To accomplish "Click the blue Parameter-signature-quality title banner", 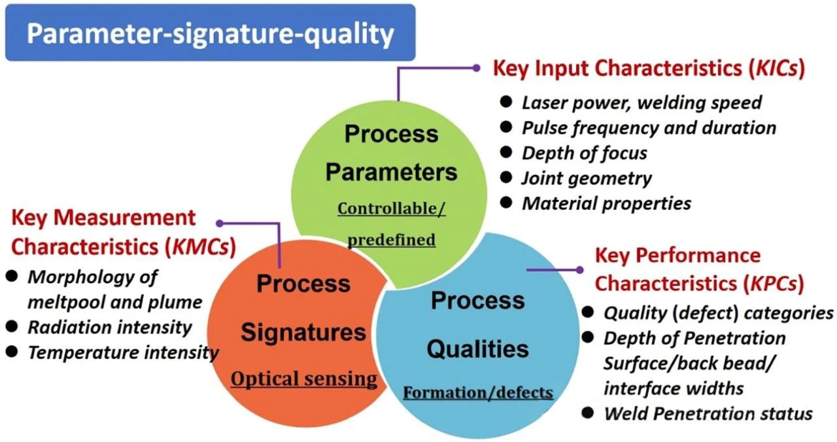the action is pos(210,33).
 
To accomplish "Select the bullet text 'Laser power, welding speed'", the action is pos(641,103).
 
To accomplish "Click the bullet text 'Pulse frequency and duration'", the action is pos(649,127).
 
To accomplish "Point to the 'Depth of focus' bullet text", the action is pos(585,153).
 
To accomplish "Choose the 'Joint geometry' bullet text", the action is pos(587,178).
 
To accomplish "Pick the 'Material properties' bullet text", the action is pos(606,203).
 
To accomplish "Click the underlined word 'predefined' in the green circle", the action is pos(392,240).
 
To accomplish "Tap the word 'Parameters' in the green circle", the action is pos(391,172).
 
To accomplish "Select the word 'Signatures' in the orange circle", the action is pos(303,332).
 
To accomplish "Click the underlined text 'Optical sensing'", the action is pos(304,379).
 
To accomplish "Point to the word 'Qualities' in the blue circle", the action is pos(478,349).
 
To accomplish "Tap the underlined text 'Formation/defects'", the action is pos(478,393).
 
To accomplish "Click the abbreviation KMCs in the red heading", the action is pos(201,247).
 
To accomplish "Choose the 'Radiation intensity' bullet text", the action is pos(110,328).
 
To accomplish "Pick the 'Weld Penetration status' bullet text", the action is pos(708,414).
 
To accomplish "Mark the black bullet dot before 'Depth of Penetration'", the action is pos(587,337).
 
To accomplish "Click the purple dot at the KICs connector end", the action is pos(476,68).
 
